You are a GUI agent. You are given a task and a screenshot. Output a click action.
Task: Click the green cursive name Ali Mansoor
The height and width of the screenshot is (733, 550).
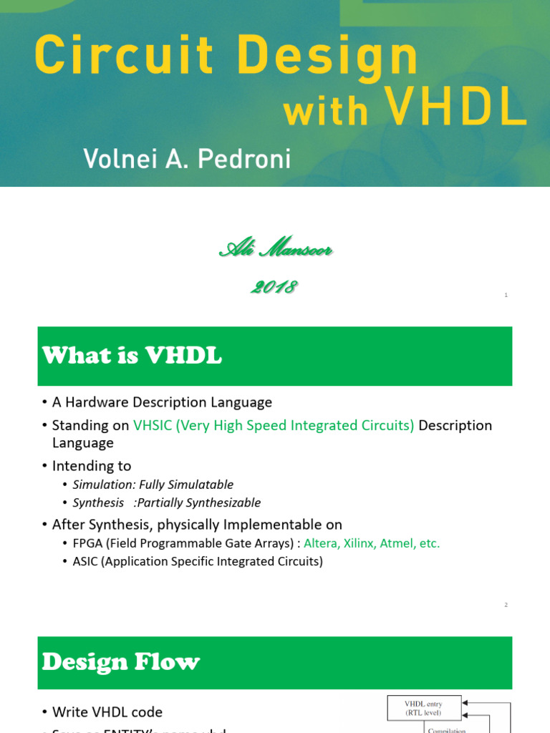click(x=275, y=250)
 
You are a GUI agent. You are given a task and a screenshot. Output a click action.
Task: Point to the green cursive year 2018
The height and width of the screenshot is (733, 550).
click(x=274, y=287)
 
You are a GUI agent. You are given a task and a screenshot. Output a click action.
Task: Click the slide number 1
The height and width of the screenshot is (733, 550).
click(x=506, y=295)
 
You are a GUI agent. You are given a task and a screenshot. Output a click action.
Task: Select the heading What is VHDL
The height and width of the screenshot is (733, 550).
click(x=132, y=356)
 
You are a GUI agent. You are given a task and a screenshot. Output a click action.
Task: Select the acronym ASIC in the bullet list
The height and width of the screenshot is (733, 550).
click(x=85, y=561)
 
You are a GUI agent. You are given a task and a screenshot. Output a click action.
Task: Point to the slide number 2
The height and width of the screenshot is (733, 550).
click(x=506, y=606)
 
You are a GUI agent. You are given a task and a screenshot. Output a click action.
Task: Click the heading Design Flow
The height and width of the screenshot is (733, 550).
click(x=120, y=662)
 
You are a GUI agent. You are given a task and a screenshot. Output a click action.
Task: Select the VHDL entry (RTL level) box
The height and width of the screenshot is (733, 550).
click(x=425, y=708)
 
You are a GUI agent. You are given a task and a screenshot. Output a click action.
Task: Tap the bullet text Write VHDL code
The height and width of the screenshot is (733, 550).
click(x=107, y=712)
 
